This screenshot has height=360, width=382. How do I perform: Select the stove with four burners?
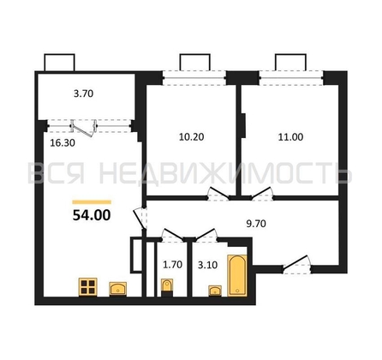tap(87, 285)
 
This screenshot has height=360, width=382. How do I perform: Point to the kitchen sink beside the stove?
tap(120, 287)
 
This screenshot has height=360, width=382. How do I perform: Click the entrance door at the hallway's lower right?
tap(296, 261)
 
